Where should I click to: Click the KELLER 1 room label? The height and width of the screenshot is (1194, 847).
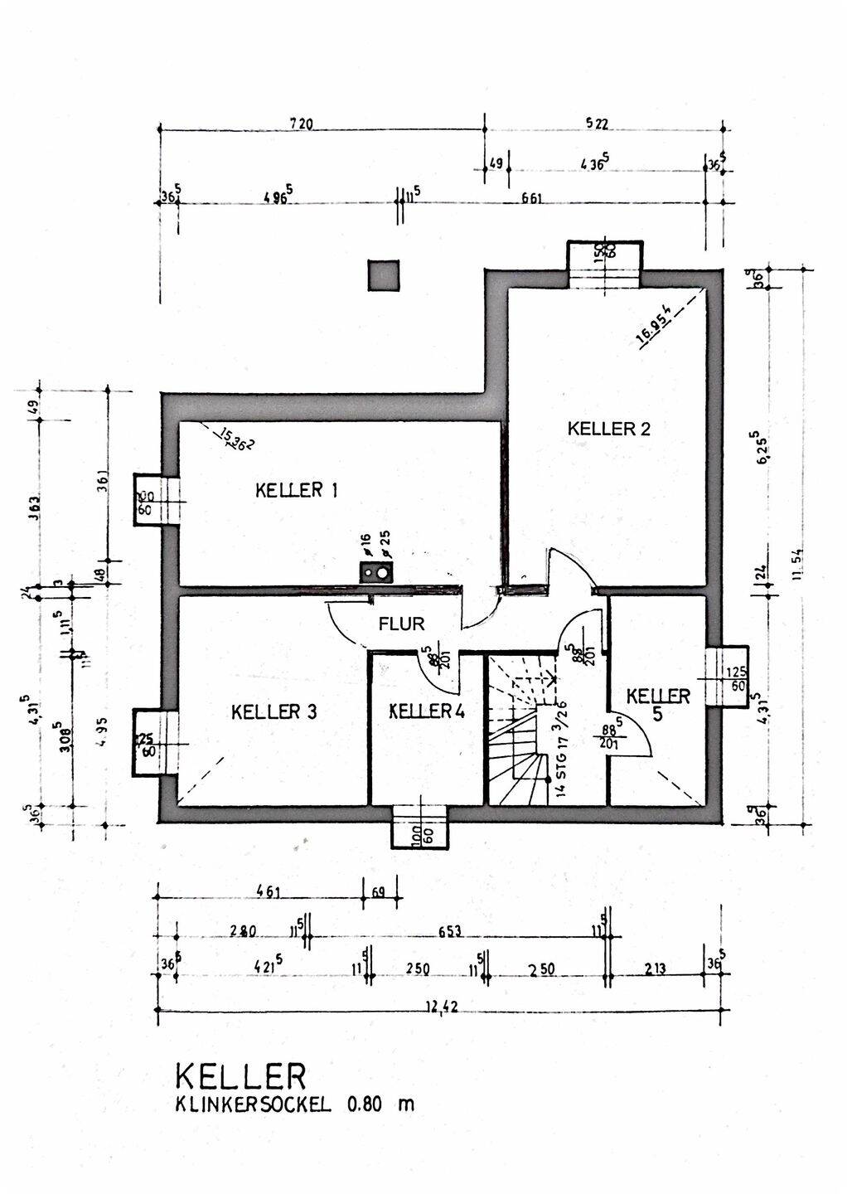[x=296, y=490]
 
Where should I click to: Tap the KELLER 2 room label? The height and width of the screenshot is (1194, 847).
[x=608, y=429]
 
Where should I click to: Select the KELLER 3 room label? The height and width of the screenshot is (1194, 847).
[x=273, y=711]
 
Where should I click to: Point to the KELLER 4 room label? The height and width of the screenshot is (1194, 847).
[x=426, y=711]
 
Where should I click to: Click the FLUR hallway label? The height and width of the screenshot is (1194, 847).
[x=401, y=624]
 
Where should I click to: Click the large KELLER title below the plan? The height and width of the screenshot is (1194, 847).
[x=240, y=1076]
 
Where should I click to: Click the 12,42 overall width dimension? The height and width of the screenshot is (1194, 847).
[x=442, y=1007]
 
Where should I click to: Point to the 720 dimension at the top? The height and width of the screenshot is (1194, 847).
[x=301, y=124]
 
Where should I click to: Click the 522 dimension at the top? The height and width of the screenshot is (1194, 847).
[x=597, y=124]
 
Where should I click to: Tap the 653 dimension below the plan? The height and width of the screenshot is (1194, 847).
[x=449, y=931]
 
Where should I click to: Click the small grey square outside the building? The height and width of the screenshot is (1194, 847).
[x=383, y=275]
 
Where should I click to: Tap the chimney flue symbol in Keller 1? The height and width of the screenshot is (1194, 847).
[x=375, y=571]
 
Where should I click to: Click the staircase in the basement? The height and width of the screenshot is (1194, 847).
[x=518, y=730]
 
